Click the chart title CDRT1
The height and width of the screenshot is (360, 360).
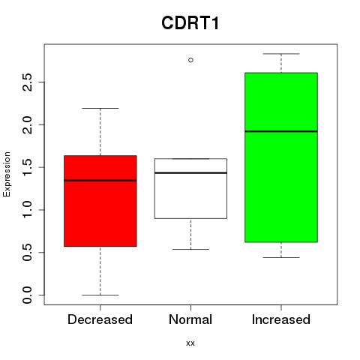(x=190, y=23)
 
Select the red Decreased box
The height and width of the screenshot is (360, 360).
(x=100, y=201)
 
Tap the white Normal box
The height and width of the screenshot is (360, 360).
(x=190, y=188)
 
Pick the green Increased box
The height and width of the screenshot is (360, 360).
(x=281, y=157)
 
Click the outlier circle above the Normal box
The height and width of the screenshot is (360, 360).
(x=190, y=60)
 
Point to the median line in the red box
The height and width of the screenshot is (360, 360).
(x=100, y=180)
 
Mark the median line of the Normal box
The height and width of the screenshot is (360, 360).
(x=190, y=172)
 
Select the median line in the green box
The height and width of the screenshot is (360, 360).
(x=281, y=131)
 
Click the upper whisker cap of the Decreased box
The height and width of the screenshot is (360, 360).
(x=100, y=108)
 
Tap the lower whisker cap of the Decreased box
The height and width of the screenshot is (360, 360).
(x=100, y=295)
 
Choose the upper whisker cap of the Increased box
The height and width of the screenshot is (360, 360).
(x=281, y=54)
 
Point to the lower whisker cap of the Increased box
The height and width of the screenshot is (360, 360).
(x=281, y=257)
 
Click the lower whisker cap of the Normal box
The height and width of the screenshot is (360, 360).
(x=190, y=249)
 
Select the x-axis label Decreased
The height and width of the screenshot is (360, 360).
(x=100, y=319)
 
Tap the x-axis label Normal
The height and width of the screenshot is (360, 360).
(x=190, y=319)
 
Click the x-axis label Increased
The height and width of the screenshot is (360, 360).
(x=281, y=319)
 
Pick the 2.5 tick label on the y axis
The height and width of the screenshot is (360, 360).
(x=27, y=82)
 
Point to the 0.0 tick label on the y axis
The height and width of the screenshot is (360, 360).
(x=27, y=295)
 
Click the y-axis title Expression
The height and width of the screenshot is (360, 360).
(x=7, y=174)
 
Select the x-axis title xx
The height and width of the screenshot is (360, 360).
(x=190, y=343)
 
